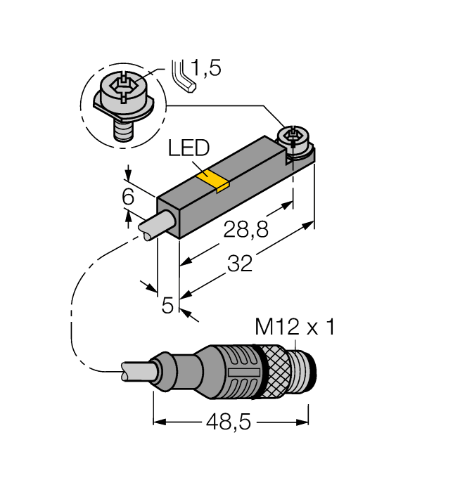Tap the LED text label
189,149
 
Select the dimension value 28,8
245,230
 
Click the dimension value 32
241,264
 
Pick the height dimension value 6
127,198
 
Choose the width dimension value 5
167,306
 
